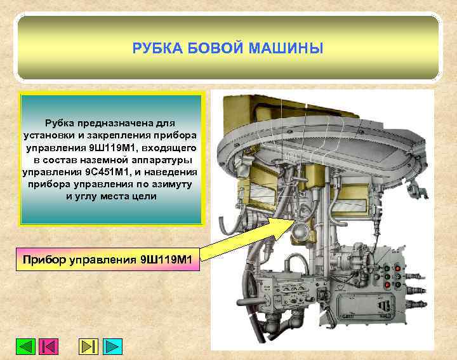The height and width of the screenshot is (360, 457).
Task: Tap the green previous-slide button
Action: [x=25, y=347]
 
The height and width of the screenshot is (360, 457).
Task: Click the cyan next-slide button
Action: [x=112, y=347]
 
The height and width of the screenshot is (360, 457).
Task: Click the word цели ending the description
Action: [x=144, y=196]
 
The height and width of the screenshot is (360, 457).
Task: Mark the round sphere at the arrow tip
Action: [x=297, y=231]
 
